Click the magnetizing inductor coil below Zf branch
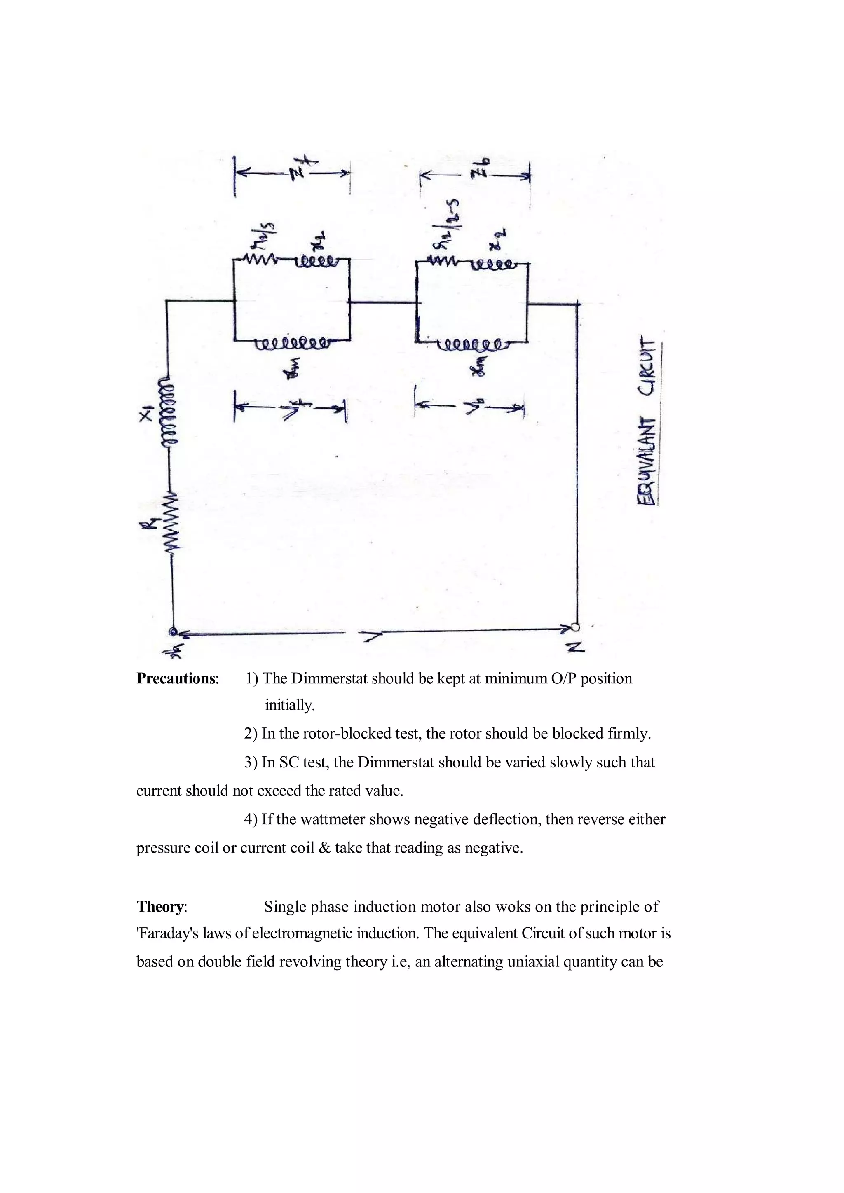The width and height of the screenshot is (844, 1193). [x=292, y=342]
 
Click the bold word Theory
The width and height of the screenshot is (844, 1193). [x=161, y=907]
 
